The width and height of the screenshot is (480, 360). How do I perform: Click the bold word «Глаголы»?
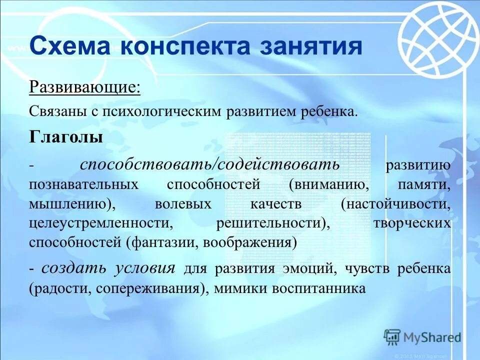point(66,137)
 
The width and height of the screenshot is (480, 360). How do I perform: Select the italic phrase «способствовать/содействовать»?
point(210,164)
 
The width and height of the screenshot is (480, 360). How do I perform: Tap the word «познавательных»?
point(83,184)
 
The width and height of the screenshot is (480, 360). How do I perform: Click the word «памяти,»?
point(424,184)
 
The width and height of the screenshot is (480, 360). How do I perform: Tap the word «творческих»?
point(412,223)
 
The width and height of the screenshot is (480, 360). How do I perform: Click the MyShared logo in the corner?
point(422,337)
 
